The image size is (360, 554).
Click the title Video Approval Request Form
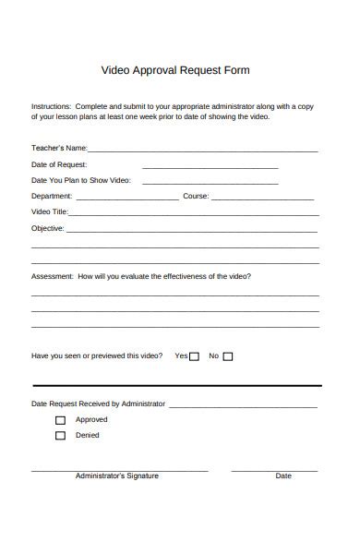click(x=174, y=70)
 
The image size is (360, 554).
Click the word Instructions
click(x=51, y=106)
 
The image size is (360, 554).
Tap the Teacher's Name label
click(x=59, y=148)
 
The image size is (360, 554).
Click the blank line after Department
click(x=127, y=199)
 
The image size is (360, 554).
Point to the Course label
click(x=196, y=196)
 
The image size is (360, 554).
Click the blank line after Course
click(x=263, y=199)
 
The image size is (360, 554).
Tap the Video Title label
click(x=50, y=211)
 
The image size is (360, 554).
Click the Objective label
click(x=48, y=227)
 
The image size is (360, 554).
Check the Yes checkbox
click(x=194, y=356)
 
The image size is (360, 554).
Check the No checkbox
click(x=228, y=356)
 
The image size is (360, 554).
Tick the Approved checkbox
click(x=60, y=420)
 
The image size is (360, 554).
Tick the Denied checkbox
click(x=60, y=436)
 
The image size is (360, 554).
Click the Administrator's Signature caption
click(x=116, y=476)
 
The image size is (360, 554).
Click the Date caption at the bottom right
click(x=283, y=476)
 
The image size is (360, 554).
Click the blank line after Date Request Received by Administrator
click(x=243, y=406)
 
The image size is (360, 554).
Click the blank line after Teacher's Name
click(x=203, y=151)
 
